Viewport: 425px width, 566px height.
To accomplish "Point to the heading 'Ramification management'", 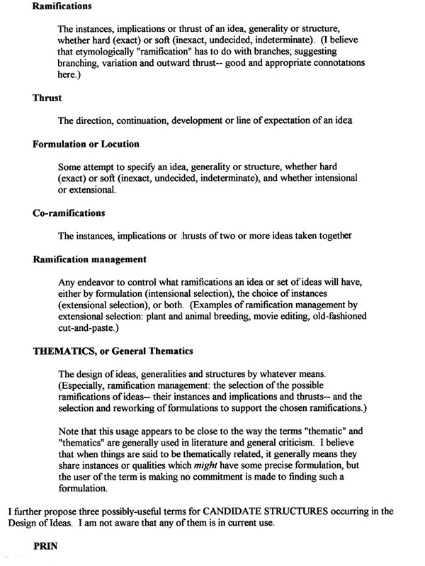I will click(89, 259).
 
